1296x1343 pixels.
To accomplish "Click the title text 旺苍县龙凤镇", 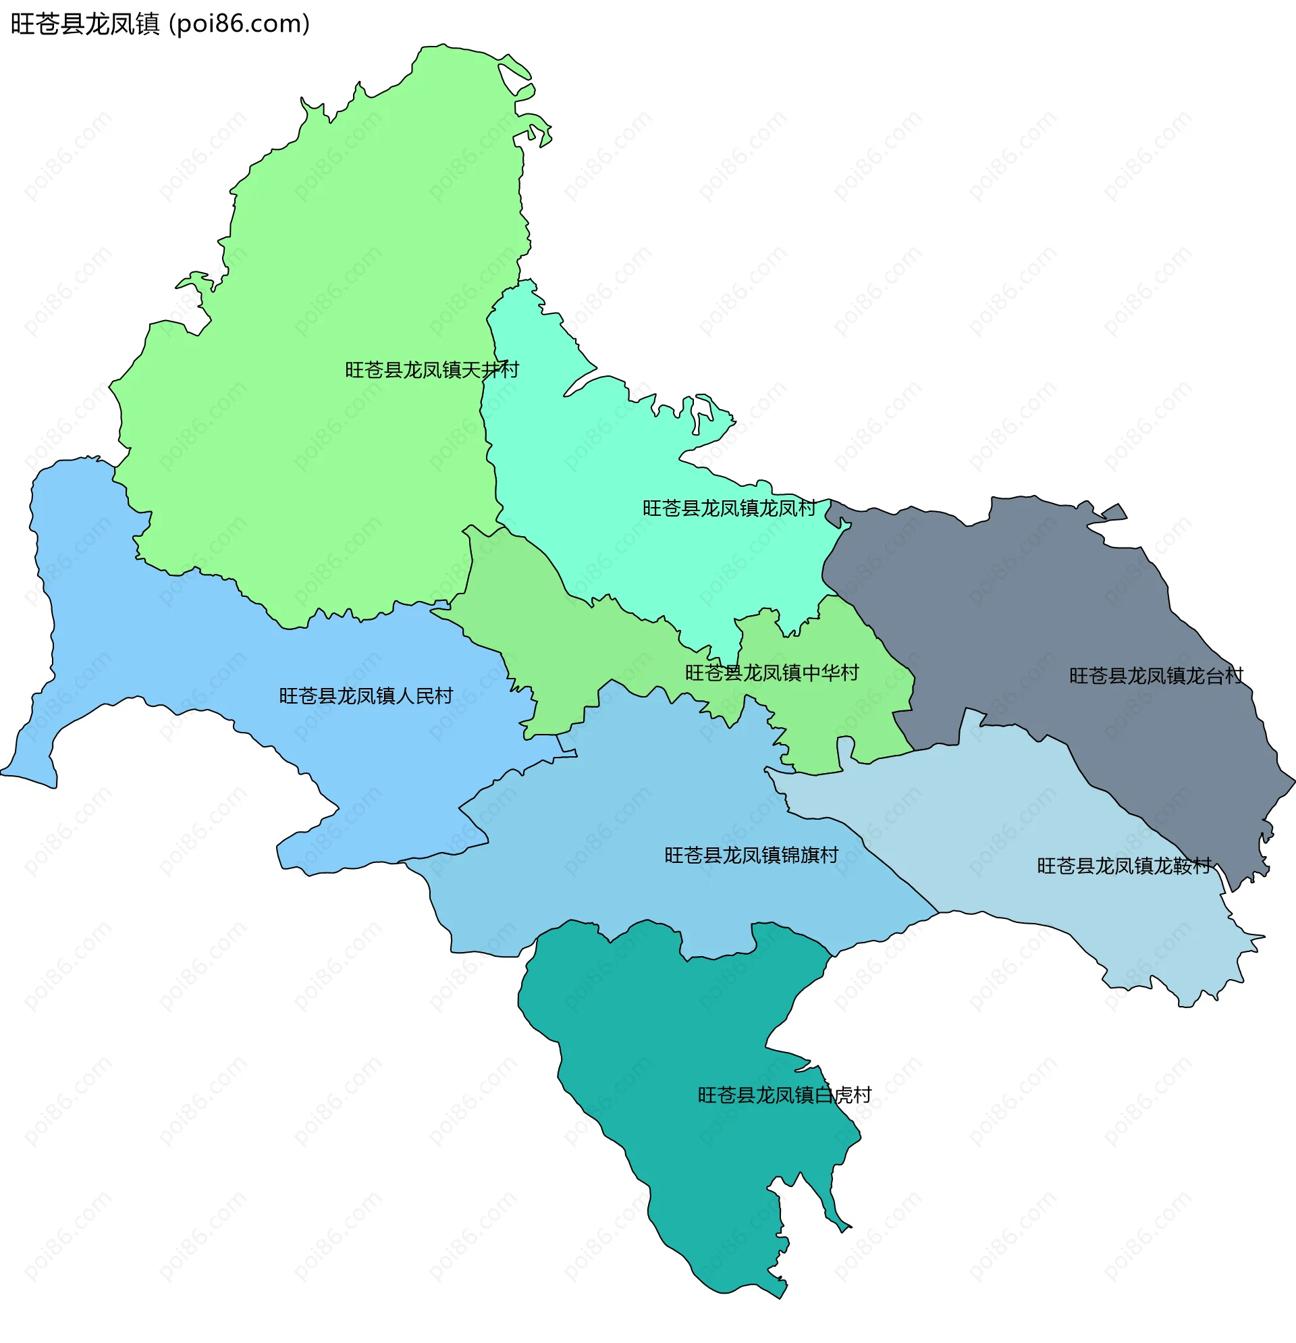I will point(85,24).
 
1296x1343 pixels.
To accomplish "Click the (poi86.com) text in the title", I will point(239,24).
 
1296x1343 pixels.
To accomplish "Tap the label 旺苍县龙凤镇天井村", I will point(431,370).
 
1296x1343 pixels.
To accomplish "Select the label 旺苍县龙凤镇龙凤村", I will point(729,508).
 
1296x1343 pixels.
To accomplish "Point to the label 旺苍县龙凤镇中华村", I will point(772,673).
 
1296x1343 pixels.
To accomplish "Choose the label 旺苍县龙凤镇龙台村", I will point(1156,677).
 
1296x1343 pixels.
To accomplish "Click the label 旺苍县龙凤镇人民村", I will point(366,696).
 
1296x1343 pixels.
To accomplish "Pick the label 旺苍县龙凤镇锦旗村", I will point(751,855).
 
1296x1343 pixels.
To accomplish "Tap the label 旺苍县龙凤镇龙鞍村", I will point(1124,866).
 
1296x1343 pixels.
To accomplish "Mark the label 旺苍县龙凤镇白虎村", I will point(784,1095).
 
